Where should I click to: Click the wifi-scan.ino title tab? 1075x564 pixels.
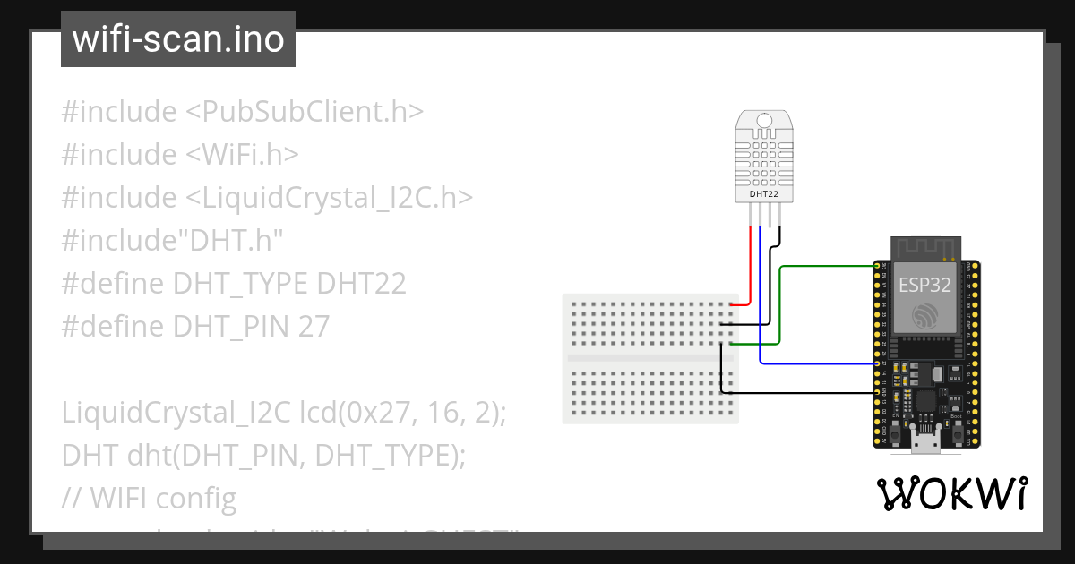(x=178, y=39)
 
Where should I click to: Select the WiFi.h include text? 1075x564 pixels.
(x=242, y=155)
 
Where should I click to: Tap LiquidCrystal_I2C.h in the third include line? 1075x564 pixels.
(x=330, y=198)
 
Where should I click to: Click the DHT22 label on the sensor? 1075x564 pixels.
(x=764, y=193)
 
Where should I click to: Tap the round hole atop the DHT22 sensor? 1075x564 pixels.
(x=764, y=121)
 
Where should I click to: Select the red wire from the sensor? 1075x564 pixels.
(x=750, y=264)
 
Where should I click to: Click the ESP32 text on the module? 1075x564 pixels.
(x=924, y=285)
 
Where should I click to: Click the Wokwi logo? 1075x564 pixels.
(x=952, y=493)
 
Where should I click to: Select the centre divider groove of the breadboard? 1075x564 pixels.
(x=651, y=358)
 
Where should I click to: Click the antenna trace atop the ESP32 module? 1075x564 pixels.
(x=924, y=247)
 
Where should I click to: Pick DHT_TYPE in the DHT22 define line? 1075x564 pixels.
(x=242, y=284)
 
